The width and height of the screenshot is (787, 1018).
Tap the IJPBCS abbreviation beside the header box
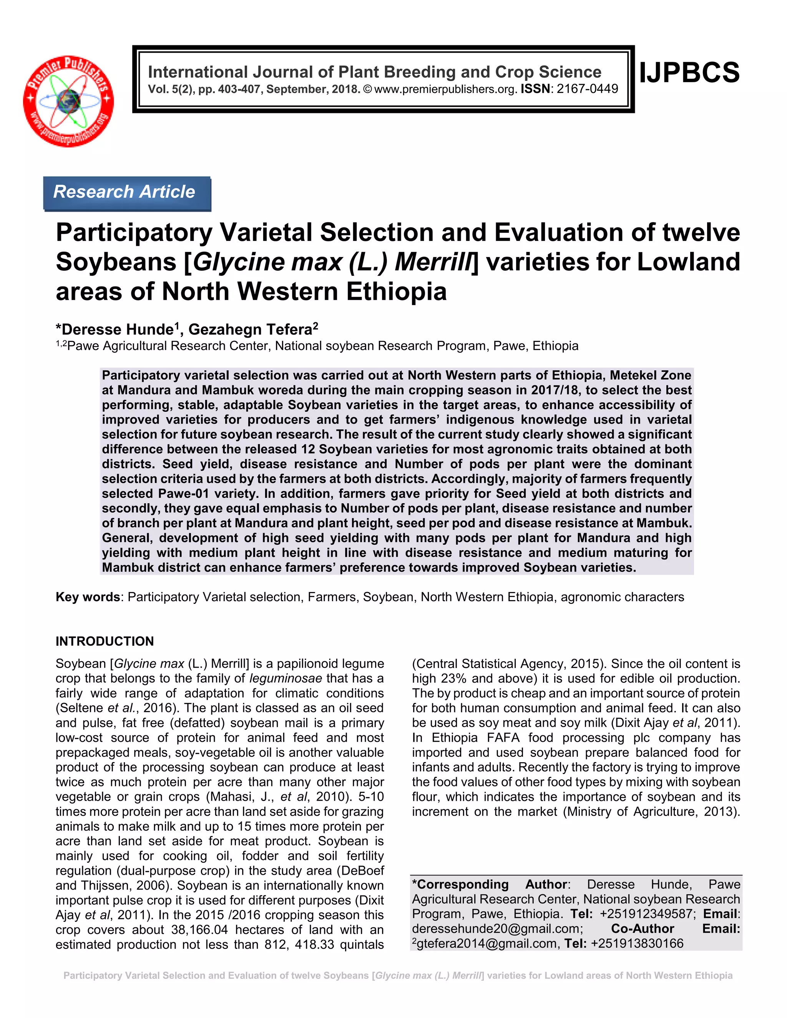click(x=689, y=73)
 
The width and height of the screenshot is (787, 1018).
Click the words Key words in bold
click(x=88, y=597)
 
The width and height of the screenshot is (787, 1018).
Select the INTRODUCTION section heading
click(x=105, y=642)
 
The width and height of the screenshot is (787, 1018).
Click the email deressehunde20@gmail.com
click(x=498, y=929)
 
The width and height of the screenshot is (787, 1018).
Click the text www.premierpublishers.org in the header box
click(x=446, y=89)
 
